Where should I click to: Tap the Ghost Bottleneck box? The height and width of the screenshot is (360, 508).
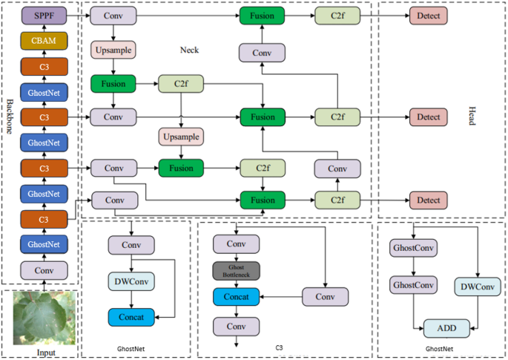click(x=237, y=271)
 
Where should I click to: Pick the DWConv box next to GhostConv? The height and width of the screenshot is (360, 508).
click(x=476, y=286)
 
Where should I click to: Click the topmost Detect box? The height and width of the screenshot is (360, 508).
click(x=429, y=15)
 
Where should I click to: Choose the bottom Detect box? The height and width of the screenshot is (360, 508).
click(x=429, y=200)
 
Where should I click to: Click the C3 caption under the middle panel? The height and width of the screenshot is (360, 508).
click(x=279, y=347)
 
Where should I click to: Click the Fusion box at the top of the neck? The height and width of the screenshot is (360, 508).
click(x=263, y=15)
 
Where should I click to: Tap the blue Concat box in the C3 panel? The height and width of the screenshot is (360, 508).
click(x=237, y=298)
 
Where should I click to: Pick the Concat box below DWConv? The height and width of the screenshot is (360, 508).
click(x=131, y=316)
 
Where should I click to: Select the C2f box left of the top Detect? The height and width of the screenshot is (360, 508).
click(x=337, y=15)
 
